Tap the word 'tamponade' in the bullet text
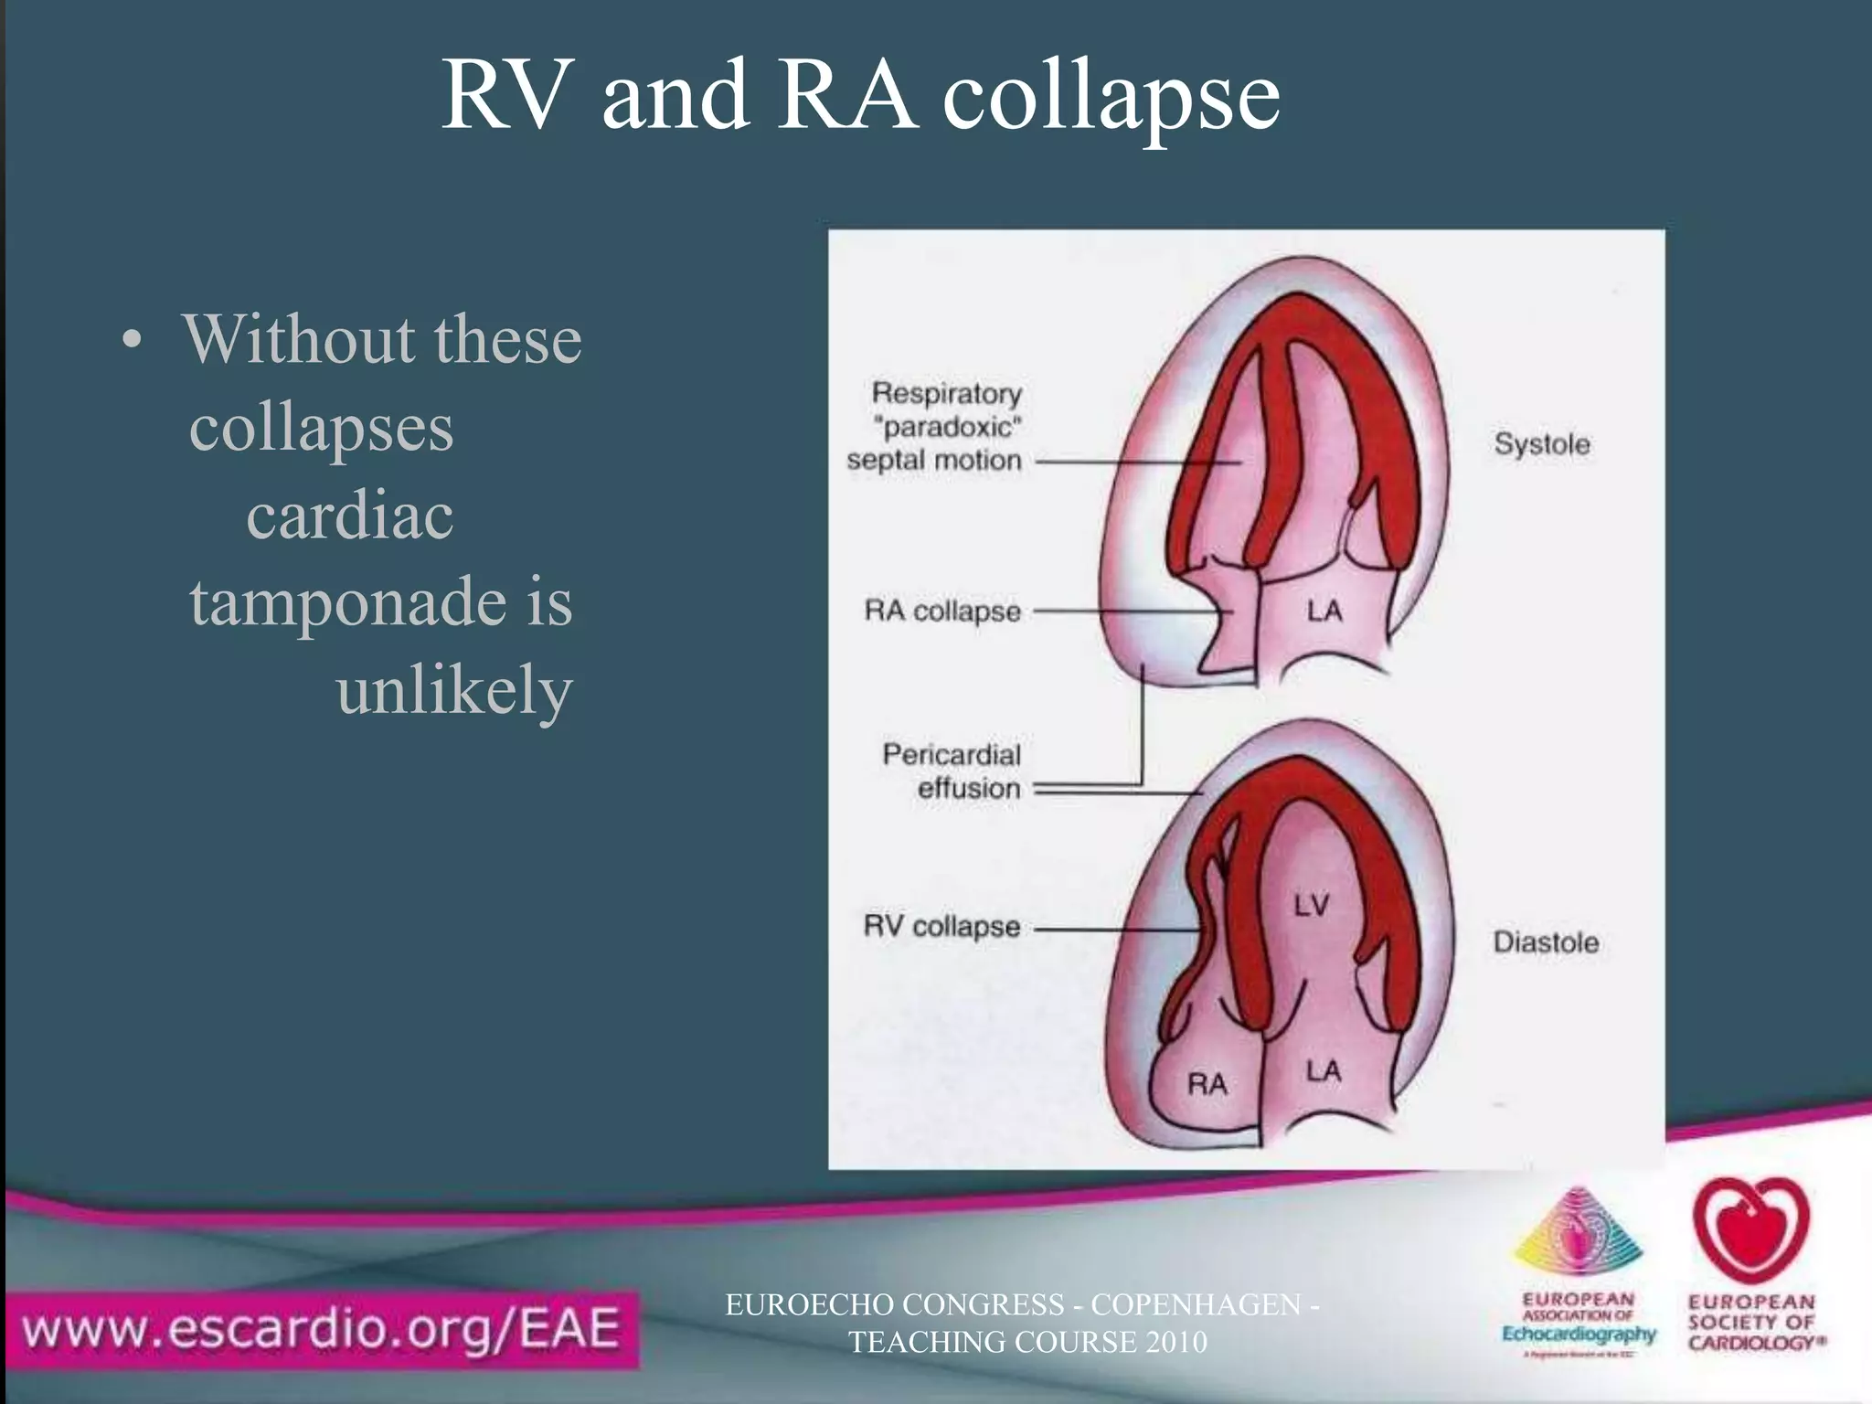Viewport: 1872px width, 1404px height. pyautogui.click(x=346, y=601)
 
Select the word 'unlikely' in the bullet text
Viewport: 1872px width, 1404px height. pyautogui.click(x=453, y=690)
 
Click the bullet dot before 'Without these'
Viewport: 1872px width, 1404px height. pyautogui.click(x=133, y=341)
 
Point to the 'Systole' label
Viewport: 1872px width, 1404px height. pyautogui.click(x=1542, y=444)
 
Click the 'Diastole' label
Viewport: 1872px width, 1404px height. pyautogui.click(x=1546, y=942)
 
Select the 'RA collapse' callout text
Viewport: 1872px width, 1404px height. pyautogui.click(x=942, y=611)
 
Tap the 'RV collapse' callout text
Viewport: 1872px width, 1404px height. pyautogui.click(x=941, y=927)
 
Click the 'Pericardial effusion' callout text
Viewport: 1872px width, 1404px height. pyautogui.click(x=952, y=771)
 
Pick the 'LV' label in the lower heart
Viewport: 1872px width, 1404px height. pyautogui.click(x=1311, y=906)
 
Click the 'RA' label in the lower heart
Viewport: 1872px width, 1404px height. pyautogui.click(x=1207, y=1085)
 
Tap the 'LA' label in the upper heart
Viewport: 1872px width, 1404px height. pyautogui.click(x=1324, y=610)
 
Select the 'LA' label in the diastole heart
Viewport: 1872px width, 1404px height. pyautogui.click(x=1323, y=1070)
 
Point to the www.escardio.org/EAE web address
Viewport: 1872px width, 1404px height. pyautogui.click(x=320, y=1328)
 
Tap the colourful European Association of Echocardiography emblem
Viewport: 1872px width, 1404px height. pyautogui.click(x=1578, y=1236)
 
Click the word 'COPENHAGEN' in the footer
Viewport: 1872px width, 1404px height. pyautogui.click(x=1196, y=1304)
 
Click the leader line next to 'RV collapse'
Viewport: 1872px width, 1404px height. pyautogui.click(x=1115, y=930)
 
